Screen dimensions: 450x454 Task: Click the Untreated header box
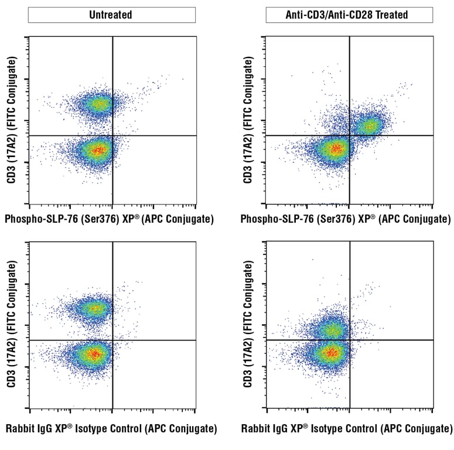[x=111, y=15]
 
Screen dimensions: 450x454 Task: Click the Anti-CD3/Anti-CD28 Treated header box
[x=349, y=15]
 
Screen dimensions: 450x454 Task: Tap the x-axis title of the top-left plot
[x=109, y=219]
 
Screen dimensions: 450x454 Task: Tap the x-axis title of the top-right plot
[x=346, y=219]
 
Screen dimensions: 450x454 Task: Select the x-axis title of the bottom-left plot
[x=111, y=429]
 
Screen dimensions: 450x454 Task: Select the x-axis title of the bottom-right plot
[x=347, y=429]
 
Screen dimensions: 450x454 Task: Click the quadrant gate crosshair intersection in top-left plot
[x=112, y=136]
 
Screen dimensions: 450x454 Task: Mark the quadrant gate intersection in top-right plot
[x=350, y=135]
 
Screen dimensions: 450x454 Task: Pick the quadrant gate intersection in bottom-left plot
[x=112, y=340]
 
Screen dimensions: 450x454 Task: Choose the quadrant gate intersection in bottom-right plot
[x=350, y=340]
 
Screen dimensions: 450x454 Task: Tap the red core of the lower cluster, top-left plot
[x=98, y=150]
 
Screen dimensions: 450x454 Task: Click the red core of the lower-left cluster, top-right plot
[x=336, y=149]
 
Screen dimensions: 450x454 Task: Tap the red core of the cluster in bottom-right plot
[x=332, y=353]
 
